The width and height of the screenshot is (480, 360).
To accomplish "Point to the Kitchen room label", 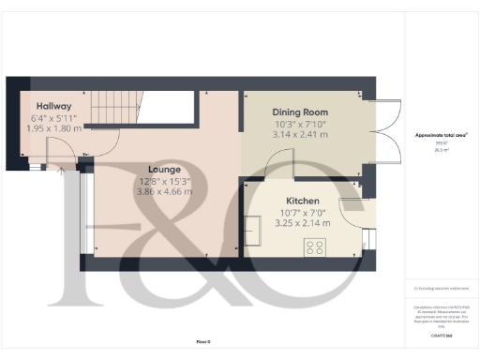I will click(302, 201).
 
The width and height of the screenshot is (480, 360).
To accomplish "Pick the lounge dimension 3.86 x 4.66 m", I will click(166, 191).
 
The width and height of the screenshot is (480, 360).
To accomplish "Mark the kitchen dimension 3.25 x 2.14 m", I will click(302, 223).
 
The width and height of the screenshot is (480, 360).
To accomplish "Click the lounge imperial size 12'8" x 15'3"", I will click(166, 180).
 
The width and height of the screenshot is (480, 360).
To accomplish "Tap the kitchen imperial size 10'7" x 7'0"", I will click(302, 212).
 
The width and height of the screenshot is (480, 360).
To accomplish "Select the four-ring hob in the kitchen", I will click(316, 247).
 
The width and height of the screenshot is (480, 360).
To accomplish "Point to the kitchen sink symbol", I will click(255, 228).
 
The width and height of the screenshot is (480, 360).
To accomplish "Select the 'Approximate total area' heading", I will click(442, 136).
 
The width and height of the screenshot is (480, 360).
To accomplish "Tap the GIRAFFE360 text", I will click(442, 335).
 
